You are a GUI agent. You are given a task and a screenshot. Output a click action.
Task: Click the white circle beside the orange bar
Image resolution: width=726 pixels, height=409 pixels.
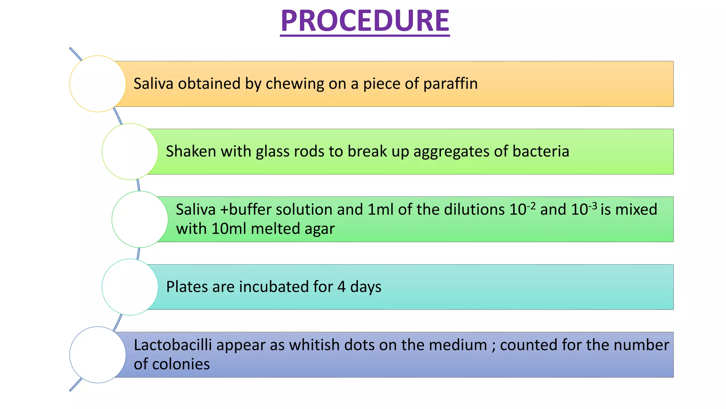click(x=97, y=84)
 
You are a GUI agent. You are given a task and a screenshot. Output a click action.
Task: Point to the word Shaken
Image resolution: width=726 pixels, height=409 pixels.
click(x=191, y=152)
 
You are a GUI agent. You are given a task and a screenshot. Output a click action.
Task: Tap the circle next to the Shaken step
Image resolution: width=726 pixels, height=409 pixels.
click(x=130, y=152)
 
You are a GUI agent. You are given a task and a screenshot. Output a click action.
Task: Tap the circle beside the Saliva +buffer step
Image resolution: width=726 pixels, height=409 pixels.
click(x=140, y=219)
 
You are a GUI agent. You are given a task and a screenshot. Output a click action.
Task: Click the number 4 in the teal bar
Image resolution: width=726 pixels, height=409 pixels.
click(x=341, y=287)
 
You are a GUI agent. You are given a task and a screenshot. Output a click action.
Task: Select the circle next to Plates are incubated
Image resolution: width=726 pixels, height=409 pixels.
click(x=130, y=287)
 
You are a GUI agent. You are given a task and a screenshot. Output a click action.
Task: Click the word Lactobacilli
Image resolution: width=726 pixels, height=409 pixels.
click(x=173, y=345)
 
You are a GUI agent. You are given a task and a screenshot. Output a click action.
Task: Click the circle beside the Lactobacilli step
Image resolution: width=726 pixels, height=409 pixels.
click(x=97, y=355)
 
